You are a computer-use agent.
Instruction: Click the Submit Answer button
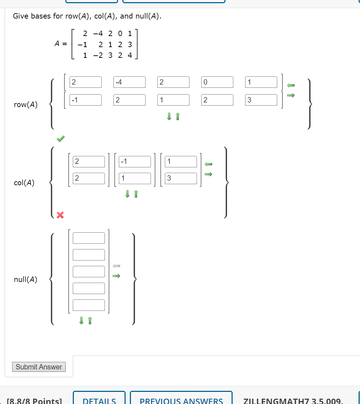(39, 367)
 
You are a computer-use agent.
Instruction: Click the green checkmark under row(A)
(61, 138)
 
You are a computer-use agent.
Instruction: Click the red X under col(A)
(60, 215)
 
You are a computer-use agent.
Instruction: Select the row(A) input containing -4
(130, 82)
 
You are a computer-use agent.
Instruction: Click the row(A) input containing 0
(217, 82)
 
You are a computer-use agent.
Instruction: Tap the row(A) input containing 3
(261, 100)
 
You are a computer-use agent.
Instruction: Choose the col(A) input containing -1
(135, 161)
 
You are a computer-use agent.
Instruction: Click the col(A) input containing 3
(181, 178)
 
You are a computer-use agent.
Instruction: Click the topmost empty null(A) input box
(89, 238)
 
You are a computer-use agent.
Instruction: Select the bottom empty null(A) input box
(89, 305)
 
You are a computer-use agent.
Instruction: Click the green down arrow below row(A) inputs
(169, 116)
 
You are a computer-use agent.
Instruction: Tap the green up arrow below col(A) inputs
(136, 194)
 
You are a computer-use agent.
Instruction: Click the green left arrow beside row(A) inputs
(291, 85)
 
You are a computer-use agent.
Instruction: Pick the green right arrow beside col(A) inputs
(208, 174)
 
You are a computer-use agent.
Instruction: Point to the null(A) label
(25, 279)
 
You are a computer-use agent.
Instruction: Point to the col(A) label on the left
(24, 183)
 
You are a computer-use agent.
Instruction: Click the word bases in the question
(41, 16)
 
